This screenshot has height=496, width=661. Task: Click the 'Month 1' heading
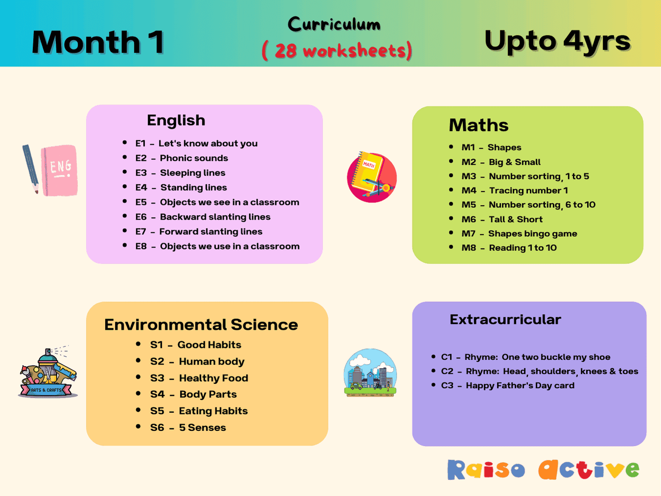coord(98,42)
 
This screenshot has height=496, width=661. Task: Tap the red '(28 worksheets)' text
coord(337,50)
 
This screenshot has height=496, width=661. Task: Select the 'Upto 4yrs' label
coord(557,41)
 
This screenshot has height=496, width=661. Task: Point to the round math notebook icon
coord(372,177)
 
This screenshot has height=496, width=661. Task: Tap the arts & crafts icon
coord(48,372)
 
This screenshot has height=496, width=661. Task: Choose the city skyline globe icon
coord(370,372)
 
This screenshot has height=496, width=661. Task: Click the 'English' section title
coord(176,121)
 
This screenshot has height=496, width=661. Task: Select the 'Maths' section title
coord(478,125)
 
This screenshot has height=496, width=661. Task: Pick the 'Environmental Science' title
coord(201,324)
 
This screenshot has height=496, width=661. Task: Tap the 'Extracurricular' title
coord(505,320)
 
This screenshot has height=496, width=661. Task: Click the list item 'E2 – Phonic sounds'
coord(182,158)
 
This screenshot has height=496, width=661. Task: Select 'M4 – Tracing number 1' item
coord(515,191)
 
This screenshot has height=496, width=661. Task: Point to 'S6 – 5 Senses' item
coord(188,428)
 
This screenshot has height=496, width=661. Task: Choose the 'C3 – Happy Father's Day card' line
coord(508,386)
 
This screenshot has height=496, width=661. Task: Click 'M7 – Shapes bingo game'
coord(519,234)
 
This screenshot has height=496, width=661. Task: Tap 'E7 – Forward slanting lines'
coord(199,232)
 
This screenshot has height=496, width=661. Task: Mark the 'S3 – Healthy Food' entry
coord(199,378)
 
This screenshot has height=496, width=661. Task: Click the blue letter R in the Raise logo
coord(456,470)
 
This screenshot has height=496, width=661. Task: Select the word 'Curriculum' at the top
coord(334,25)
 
